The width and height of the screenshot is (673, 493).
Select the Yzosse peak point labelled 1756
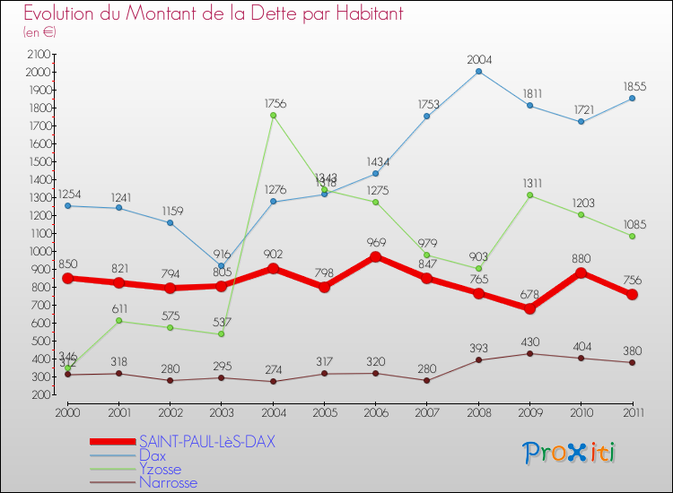(x=273, y=115)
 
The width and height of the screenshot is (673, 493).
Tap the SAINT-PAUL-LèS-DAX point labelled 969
(x=375, y=256)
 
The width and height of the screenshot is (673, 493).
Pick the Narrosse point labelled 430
(x=529, y=353)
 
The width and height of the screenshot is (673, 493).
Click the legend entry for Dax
(x=153, y=455)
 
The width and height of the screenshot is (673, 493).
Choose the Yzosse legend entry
(x=160, y=469)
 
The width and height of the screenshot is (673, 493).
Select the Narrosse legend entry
(x=168, y=482)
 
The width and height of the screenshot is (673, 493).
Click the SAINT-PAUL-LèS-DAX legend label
(x=206, y=442)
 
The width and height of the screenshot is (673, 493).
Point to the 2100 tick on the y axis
(x=37, y=54)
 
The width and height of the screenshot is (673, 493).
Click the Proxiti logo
(x=569, y=452)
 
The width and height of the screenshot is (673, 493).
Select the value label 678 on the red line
(x=529, y=294)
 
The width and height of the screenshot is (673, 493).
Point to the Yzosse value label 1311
(x=529, y=183)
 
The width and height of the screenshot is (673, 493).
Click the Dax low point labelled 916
(x=222, y=266)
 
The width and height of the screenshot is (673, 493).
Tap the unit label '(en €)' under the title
(x=39, y=32)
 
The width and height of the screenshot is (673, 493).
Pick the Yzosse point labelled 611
(x=119, y=321)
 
